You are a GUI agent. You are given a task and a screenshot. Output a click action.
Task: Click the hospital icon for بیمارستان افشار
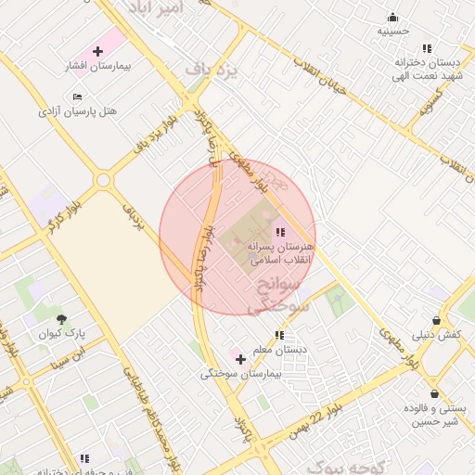[97, 51]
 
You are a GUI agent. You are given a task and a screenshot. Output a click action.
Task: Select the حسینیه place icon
[392, 17]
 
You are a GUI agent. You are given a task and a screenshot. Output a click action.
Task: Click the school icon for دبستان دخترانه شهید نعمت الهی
[427, 47]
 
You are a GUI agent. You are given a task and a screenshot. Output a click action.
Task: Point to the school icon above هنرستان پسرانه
[280, 231]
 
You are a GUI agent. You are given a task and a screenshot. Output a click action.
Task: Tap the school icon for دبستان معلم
[278, 335]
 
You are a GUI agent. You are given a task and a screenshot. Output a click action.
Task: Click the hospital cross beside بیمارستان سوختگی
[240, 358]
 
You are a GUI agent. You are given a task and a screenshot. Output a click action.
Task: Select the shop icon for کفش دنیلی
[436, 319]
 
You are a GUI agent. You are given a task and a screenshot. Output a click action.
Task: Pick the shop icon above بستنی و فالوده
[434, 393]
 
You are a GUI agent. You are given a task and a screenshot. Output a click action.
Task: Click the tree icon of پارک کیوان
[61, 318]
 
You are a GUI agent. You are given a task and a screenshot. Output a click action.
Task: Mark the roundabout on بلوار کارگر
[102, 180]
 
